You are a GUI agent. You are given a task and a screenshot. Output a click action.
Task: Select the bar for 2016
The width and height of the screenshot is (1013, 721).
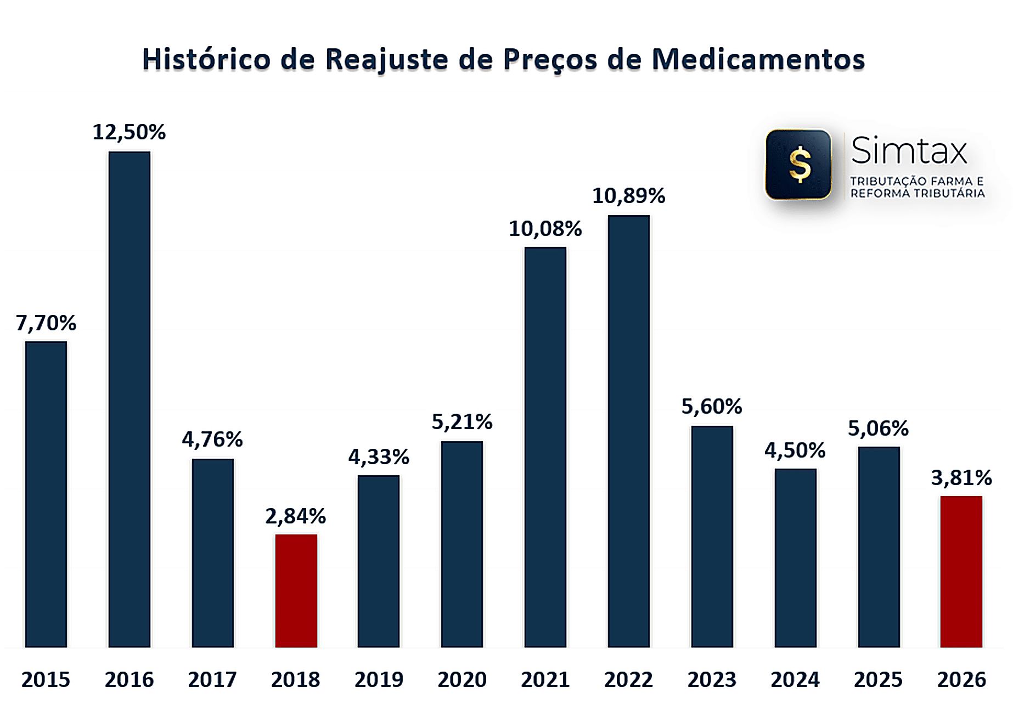pyautogui.click(x=129, y=399)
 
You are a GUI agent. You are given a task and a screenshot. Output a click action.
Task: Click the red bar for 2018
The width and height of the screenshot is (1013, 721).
pyautogui.click(x=296, y=590)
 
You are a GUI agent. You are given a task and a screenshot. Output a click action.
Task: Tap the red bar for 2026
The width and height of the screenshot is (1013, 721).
pyautogui.click(x=961, y=571)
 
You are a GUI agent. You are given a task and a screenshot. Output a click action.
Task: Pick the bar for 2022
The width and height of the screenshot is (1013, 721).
pyautogui.click(x=628, y=431)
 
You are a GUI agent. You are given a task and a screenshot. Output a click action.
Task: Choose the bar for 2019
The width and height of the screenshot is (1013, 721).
pyautogui.click(x=379, y=561)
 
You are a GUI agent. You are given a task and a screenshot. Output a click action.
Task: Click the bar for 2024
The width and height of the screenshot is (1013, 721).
pyautogui.click(x=795, y=557)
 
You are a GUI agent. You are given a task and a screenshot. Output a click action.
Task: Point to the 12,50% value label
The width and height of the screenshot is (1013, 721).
pyautogui.click(x=129, y=132)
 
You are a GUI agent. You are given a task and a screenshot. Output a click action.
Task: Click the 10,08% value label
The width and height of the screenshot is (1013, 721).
pyautogui.click(x=545, y=229)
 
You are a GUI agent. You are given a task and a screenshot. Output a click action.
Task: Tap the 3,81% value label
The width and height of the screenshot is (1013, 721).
pyautogui.click(x=961, y=478)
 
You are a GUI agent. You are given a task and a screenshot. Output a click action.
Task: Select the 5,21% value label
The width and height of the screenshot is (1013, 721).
pyautogui.click(x=462, y=421)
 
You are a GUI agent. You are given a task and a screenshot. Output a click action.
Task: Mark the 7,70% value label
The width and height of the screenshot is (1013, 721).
pyautogui.click(x=46, y=323)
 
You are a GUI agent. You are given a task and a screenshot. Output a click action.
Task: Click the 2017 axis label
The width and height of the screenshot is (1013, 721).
pyautogui.click(x=212, y=679)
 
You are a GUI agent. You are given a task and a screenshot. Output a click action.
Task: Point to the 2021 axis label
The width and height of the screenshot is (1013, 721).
pyautogui.click(x=545, y=679)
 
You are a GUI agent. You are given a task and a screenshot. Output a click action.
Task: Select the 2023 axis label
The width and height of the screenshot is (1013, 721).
pyautogui.click(x=712, y=679)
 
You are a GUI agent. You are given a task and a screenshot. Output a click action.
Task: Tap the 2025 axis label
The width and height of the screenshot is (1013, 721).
pyautogui.click(x=878, y=679)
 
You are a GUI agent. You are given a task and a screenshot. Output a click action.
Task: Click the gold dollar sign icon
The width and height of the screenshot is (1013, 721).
pyautogui.click(x=800, y=165)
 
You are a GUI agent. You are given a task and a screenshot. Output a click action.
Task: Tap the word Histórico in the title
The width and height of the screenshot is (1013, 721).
pyautogui.click(x=206, y=59)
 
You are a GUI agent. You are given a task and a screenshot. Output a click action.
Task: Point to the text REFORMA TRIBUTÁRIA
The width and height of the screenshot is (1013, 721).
pyautogui.click(x=918, y=193)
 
